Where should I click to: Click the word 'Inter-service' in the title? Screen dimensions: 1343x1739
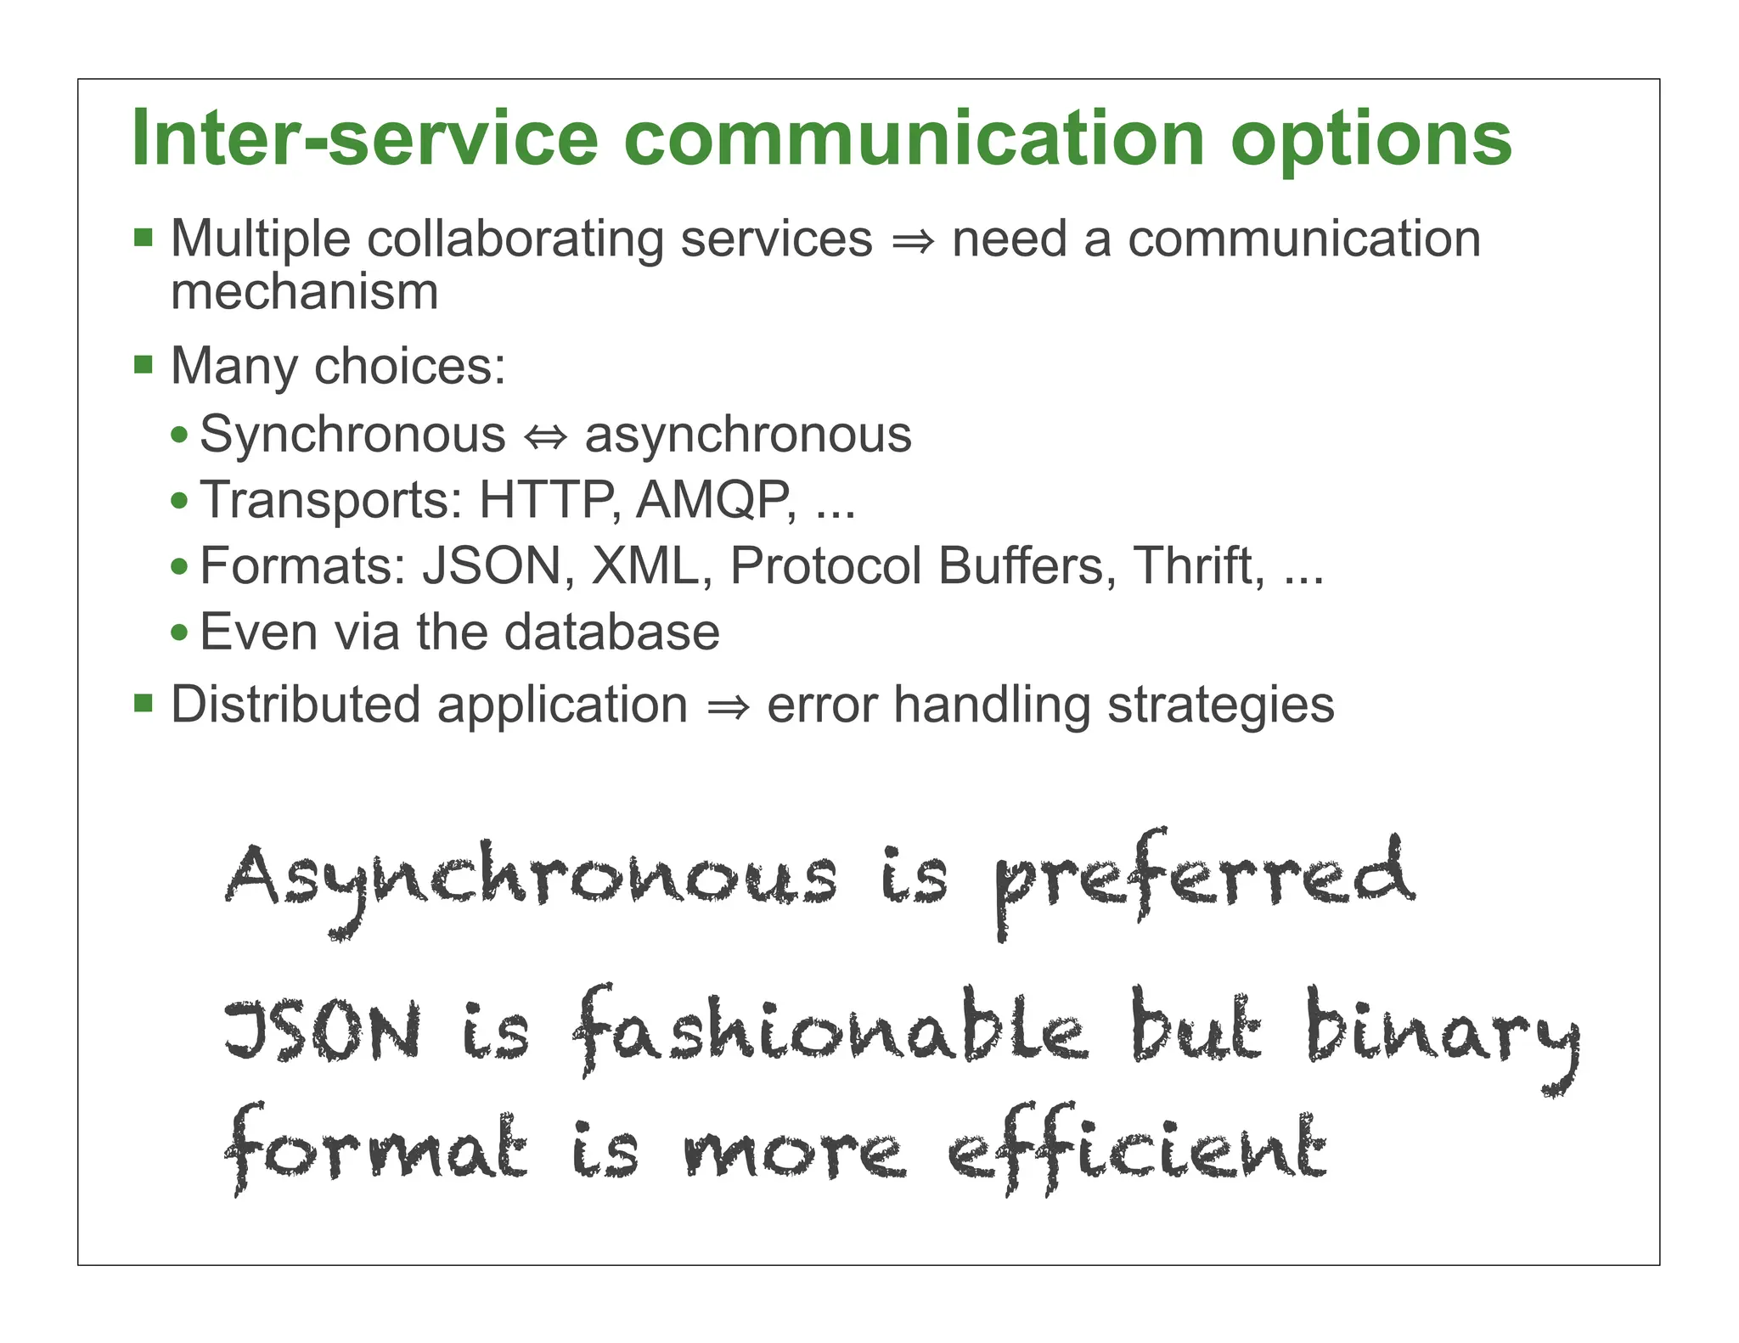point(365,138)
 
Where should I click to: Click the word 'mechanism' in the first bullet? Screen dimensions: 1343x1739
point(304,292)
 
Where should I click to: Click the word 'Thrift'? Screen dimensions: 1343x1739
point(1198,565)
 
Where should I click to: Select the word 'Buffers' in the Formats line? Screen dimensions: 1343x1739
point(1027,565)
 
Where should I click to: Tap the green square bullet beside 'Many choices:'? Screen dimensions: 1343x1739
point(144,365)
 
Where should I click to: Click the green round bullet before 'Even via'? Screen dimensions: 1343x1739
point(179,632)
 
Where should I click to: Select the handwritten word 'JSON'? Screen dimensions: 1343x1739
point(323,1031)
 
